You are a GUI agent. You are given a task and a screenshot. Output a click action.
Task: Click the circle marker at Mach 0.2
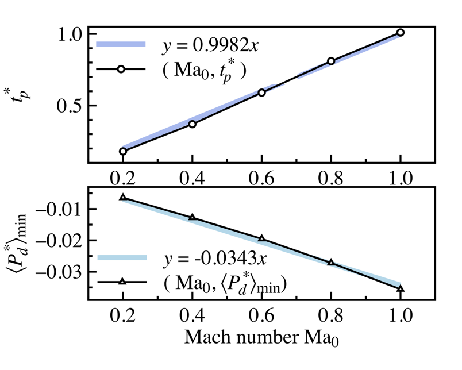(122, 151)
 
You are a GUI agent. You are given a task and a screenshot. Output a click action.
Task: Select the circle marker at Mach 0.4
(192, 124)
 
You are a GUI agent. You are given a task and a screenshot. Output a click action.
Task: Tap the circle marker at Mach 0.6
(261, 92)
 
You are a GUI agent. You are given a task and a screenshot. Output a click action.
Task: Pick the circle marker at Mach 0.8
(331, 61)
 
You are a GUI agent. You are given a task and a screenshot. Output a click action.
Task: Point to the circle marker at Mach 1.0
(401, 33)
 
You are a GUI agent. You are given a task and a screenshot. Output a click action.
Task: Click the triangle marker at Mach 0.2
(122, 197)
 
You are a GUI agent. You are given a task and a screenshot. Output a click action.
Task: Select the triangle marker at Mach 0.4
(192, 217)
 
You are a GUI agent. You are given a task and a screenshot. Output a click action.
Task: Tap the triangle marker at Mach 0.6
(261, 238)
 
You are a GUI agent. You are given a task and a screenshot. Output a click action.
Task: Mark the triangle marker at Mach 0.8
(331, 262)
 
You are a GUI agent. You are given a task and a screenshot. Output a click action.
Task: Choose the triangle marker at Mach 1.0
(401, 288)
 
